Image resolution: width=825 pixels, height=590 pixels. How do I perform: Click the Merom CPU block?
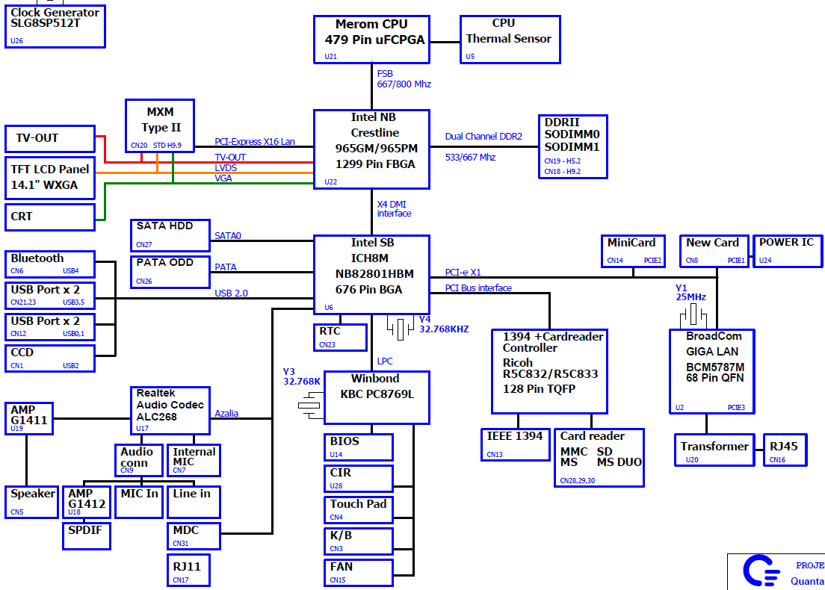(371, 39)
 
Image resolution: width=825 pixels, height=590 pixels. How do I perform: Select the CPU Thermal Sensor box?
(509, 39)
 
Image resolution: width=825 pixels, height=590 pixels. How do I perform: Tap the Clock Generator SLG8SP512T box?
(55, 26)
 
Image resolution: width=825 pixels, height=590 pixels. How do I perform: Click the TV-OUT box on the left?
(50, 138)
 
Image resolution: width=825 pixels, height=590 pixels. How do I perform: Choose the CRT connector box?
(50, 217)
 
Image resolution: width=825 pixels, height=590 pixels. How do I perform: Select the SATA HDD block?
(169, 233)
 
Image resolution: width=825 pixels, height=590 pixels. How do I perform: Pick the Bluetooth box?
(50, 264)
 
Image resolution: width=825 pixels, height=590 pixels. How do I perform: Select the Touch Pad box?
(358, 509)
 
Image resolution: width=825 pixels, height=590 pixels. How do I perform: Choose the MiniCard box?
(631, 250)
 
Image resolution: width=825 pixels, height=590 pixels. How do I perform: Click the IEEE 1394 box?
(515, 444)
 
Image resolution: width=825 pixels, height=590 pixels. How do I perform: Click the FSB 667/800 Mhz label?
(404, 79)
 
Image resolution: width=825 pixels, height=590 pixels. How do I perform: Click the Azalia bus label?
(226, 413)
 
